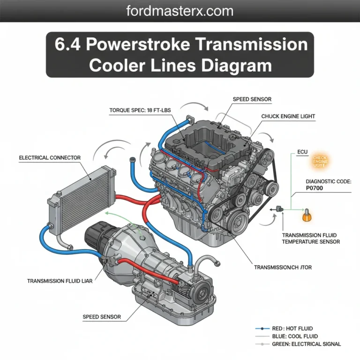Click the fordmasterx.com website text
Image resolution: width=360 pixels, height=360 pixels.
click(180, 10)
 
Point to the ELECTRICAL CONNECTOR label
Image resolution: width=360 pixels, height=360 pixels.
click(50, 158)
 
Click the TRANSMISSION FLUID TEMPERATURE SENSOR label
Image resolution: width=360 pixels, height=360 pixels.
click(311, 238)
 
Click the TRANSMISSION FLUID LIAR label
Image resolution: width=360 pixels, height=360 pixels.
click(60, 281)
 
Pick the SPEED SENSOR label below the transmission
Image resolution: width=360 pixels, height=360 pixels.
click(102, 317)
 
